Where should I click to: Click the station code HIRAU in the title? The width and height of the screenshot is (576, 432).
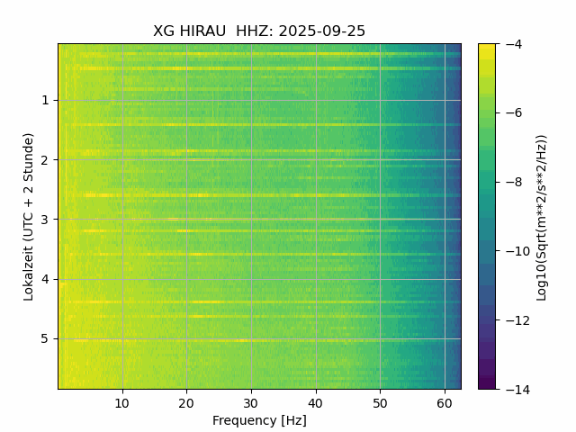point(203,31)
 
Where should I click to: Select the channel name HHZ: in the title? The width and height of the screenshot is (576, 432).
point(255,31)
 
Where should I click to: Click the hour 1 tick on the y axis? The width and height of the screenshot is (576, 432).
point(44,100)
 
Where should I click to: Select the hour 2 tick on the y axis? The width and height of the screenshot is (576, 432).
point(44,160)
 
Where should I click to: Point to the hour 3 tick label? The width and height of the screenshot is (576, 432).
point(44,220)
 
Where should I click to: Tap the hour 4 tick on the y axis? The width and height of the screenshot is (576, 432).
point(44,279)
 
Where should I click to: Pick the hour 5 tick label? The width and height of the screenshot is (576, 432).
point(44,339)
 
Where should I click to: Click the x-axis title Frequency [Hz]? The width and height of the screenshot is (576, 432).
point(259,420)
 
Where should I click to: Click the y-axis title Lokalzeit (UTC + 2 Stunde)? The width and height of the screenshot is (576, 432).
point(29,216)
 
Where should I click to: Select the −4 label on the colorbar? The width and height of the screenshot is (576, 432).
point(509,44)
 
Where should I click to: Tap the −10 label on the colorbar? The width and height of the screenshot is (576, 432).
point(513,251)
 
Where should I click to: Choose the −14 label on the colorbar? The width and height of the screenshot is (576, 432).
point(513,389)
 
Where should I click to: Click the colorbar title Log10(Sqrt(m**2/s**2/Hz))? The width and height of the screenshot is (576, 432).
point(541,216)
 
